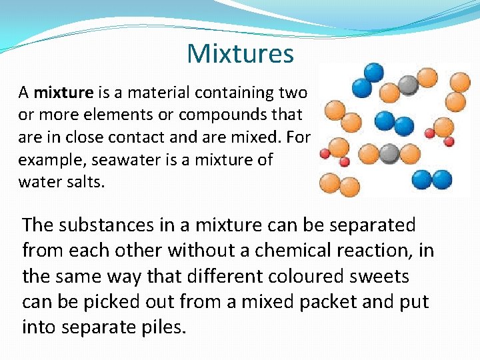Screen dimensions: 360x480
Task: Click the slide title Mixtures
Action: [x=240, y=53]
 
